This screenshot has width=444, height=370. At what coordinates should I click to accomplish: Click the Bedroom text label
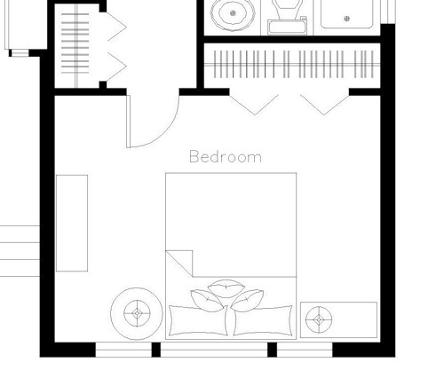click(x=226, y=156)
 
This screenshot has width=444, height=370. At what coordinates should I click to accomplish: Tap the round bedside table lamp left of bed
click(x=137, y=313)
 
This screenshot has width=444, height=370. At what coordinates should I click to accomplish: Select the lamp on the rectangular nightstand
click(x=319, y=319)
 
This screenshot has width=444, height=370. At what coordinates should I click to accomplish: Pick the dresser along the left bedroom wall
click(x=72, y=223)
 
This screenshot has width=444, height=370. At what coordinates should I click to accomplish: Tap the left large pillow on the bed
click(x=198, y=321)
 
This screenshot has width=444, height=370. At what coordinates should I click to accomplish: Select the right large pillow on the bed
click(x=263, y=321)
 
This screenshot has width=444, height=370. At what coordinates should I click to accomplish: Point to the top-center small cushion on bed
click(x=226, y=288)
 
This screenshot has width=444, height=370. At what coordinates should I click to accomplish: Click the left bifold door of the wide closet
click(x=255, y=105)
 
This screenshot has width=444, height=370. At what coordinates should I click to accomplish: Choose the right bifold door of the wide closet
click(x=324, y=105)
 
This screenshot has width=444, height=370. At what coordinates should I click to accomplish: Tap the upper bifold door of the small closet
click(x=117, y=27)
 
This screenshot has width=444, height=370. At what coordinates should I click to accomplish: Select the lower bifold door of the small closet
click(x=117, y=67)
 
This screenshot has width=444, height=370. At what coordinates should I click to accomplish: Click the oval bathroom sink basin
click(x=233, y=14)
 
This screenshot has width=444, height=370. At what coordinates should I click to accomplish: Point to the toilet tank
click(x=287, y=27)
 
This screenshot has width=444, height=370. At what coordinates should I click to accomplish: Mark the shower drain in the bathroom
click(x=346, y=19)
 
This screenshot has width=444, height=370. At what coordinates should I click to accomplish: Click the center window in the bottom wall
click(x=214, y=350)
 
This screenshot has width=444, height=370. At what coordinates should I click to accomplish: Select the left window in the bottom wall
click(x=123, y=350)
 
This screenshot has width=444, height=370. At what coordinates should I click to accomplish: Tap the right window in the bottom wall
click(x=305, y=350)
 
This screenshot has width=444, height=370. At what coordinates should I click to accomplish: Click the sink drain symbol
click(x=233, y=13)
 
